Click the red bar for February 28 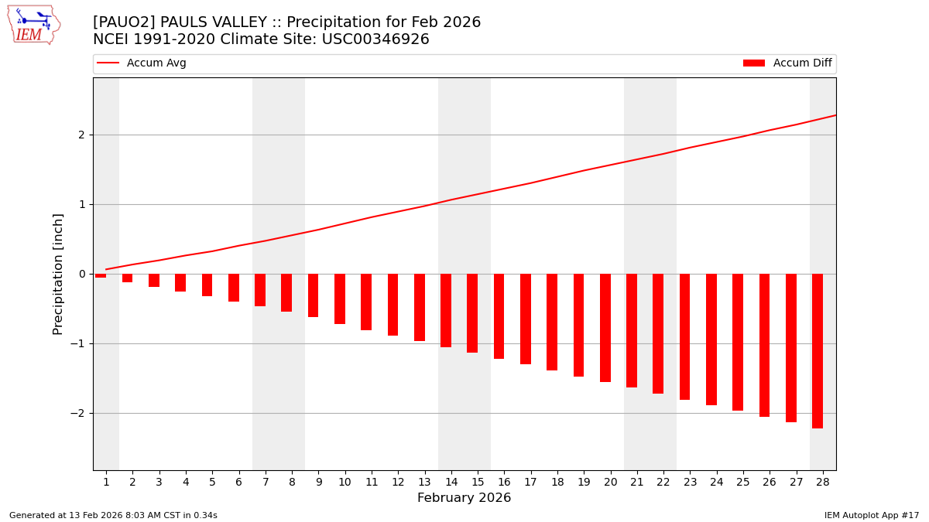click(x=818, y=350)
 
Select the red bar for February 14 click(x=446, y=310)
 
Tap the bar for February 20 click(x=605, y=328)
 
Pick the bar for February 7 click(x=260, y=290)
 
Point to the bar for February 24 click(x=711, y=339)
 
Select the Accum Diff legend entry click(x=787, y=63)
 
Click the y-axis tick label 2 click(x=81, y=135)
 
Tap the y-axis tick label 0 click(x=81, y=274)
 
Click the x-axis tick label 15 click(x=478, y=482)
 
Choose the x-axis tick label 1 click(x=106, y=482)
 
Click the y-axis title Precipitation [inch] click(x=58, y=274)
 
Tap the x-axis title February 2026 click(x=464, y=498)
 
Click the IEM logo click(x=33, y=25)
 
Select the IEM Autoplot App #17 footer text click(x=871, y=515)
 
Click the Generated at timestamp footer click(x=113, y=515)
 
